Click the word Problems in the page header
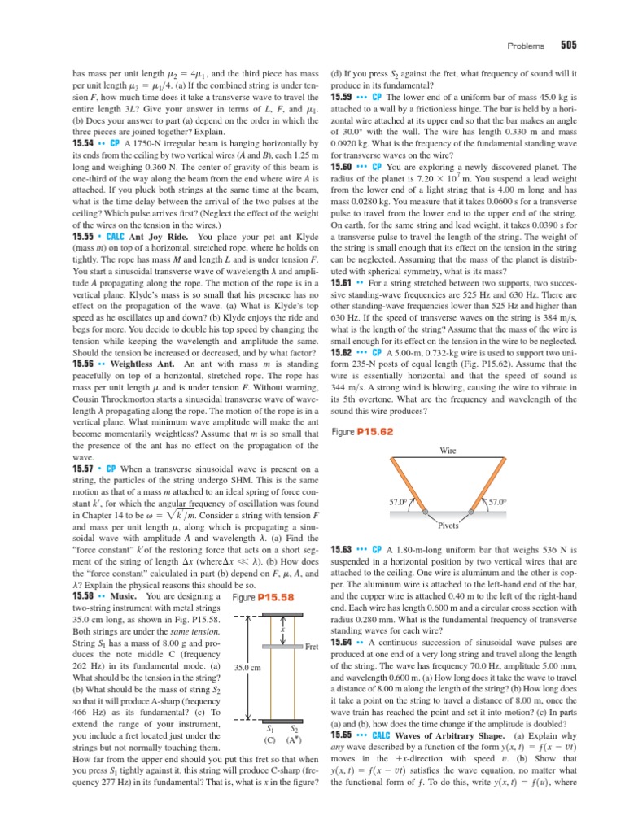pos(525,46)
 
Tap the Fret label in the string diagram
pos(310,648)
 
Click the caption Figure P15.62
pos(363,431)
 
